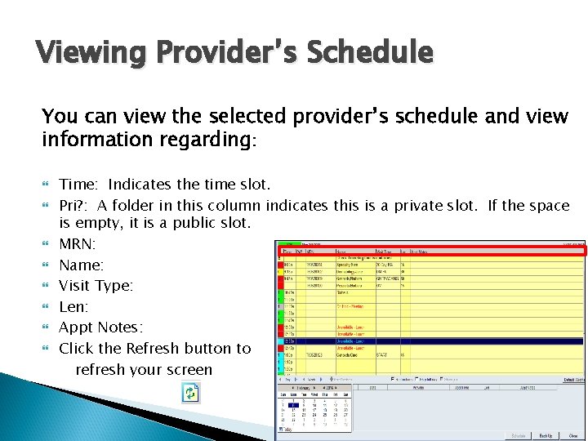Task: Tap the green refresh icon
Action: click(190, 394)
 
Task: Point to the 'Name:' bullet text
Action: click(82, 265)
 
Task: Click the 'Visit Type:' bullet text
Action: click(96, 286)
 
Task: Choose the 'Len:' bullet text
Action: click(74, 307)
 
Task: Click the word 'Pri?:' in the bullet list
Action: click(76, 206)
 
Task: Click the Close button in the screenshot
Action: click(574, 435)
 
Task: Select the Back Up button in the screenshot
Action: click(546, 435)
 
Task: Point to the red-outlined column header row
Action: click(430, 252)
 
